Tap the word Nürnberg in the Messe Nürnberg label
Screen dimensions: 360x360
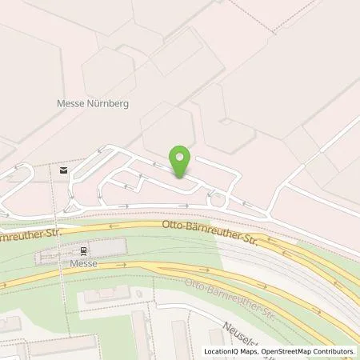pyautogui.click(x=110, y=104)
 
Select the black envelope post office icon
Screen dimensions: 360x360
pyautogui.click(x=62, y=169)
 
